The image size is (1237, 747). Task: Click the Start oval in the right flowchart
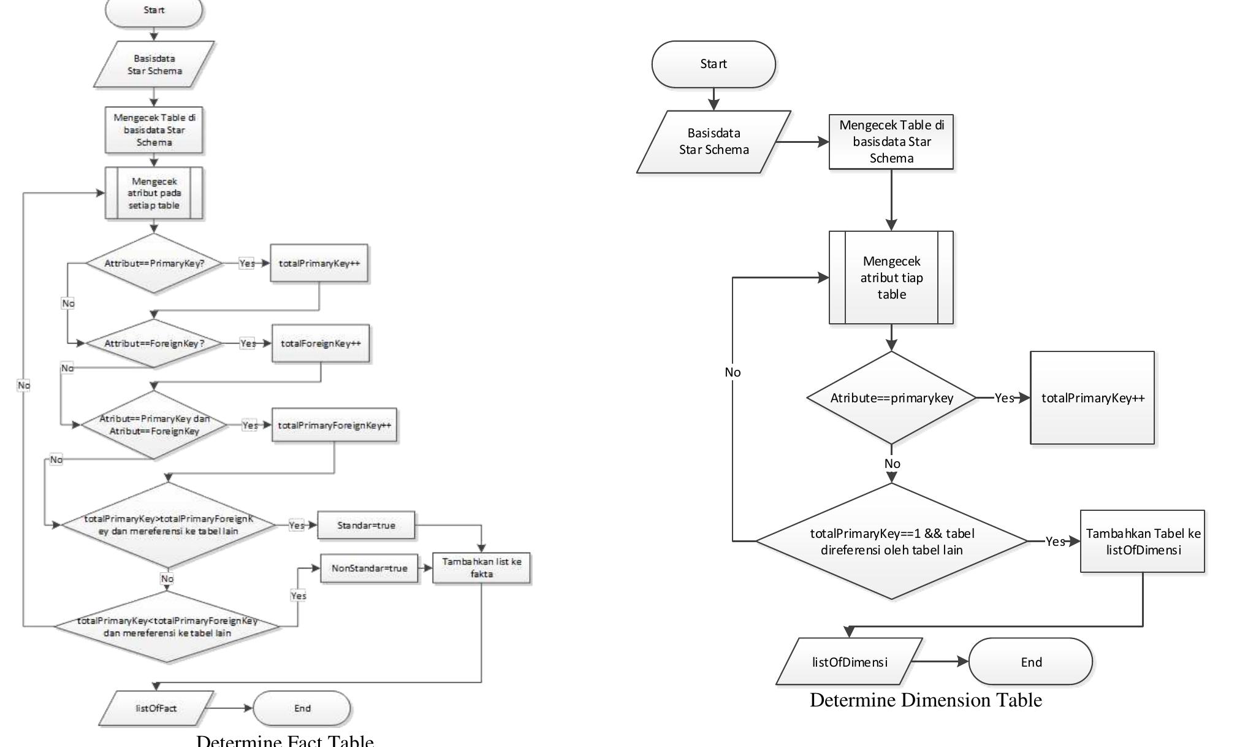point(714,64)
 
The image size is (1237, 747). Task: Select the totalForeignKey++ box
point(321,343)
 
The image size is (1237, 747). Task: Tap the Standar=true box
point(366,526)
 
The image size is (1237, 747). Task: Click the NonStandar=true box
point(369,569)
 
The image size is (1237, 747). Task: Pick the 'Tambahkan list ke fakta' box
point(481,568)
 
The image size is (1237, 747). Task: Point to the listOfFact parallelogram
point(156,708)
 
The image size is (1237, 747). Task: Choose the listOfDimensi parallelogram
point(849,662)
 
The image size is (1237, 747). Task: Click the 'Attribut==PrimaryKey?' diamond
point(154,264)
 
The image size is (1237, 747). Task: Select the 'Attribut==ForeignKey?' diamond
point(154,343)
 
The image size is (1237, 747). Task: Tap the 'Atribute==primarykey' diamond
point(891,398)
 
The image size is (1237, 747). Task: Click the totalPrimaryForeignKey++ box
point(334,425)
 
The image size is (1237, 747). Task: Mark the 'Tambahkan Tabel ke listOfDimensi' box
point(1143,542)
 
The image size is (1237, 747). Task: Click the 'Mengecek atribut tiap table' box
point(891,278)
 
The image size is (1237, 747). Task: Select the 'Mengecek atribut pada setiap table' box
point(154,193)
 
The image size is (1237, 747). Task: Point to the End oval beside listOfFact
point(302,708)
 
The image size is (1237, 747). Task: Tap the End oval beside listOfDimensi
point(1030,662)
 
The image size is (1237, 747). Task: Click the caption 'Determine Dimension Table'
point(926,700)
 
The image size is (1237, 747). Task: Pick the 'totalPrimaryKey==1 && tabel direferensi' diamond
point(891,542)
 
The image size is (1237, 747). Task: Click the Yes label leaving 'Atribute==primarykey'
point(1004,398)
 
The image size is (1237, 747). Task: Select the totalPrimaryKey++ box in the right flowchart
point(1092,398)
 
